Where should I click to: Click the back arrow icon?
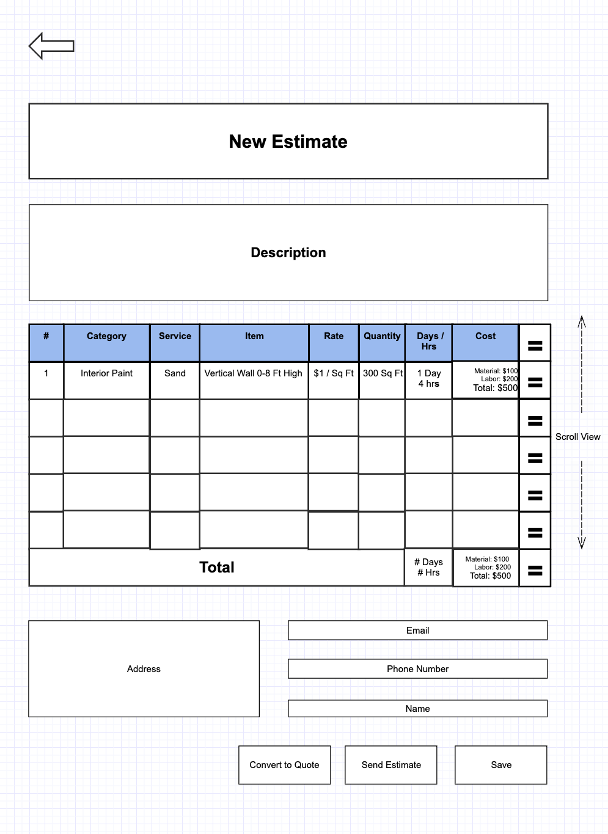51,46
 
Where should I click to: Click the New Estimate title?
288,142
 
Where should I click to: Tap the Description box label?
288,253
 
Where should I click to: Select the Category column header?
106,337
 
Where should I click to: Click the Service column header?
175,337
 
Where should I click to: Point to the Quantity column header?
382,337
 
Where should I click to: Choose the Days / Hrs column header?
429,341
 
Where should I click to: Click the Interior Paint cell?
106,373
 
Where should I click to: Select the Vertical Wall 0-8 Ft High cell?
253,373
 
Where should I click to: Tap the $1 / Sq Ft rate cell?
334,373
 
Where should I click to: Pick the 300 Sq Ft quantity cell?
383,373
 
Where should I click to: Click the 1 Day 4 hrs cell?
429,378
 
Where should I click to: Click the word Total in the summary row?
217,568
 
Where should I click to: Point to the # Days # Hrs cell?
428,567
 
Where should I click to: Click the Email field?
417,631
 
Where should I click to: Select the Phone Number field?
417,669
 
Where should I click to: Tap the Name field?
417,709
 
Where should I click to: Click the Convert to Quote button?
284,765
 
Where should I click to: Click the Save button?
501,765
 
